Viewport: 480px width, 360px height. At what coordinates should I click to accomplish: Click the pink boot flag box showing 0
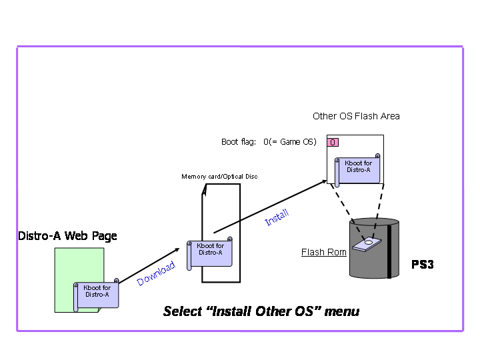click(333, 142)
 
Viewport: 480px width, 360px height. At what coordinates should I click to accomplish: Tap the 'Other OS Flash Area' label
click(356, 116)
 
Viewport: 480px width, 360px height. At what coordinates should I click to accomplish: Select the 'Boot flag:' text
click(239, 142)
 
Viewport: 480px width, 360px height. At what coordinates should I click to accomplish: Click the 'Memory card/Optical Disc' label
click(219, 177)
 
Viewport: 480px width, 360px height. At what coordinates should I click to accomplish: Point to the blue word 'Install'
click(277, 217)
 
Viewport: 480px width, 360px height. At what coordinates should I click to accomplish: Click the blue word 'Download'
click(156, 274)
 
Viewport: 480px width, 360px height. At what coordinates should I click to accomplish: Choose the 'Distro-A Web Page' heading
click(67, 236)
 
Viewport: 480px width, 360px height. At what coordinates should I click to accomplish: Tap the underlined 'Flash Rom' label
click(323, 252)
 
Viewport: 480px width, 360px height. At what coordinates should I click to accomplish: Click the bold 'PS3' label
click(422, 265)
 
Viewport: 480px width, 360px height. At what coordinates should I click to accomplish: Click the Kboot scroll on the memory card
click(210, 252)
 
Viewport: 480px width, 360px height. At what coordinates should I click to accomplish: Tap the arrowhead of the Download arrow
click(177, 250)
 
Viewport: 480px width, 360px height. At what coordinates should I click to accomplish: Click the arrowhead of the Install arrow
click(325, 180)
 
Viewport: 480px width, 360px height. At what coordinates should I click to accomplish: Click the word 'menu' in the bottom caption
click(342, 311)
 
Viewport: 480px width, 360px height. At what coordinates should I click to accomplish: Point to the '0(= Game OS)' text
click(289, 142)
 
